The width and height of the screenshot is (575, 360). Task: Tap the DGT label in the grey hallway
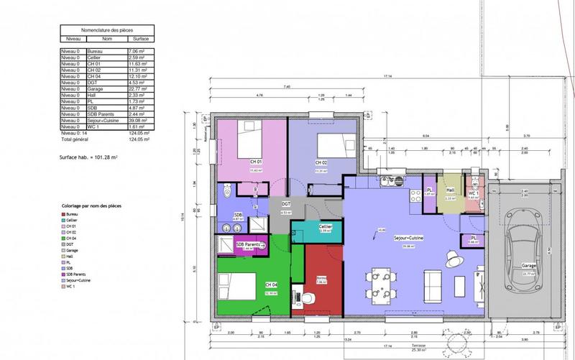coord(285,204)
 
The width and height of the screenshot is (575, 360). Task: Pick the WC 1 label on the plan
coord(474,193)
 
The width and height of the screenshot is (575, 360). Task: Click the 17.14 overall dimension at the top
coord(387,76)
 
